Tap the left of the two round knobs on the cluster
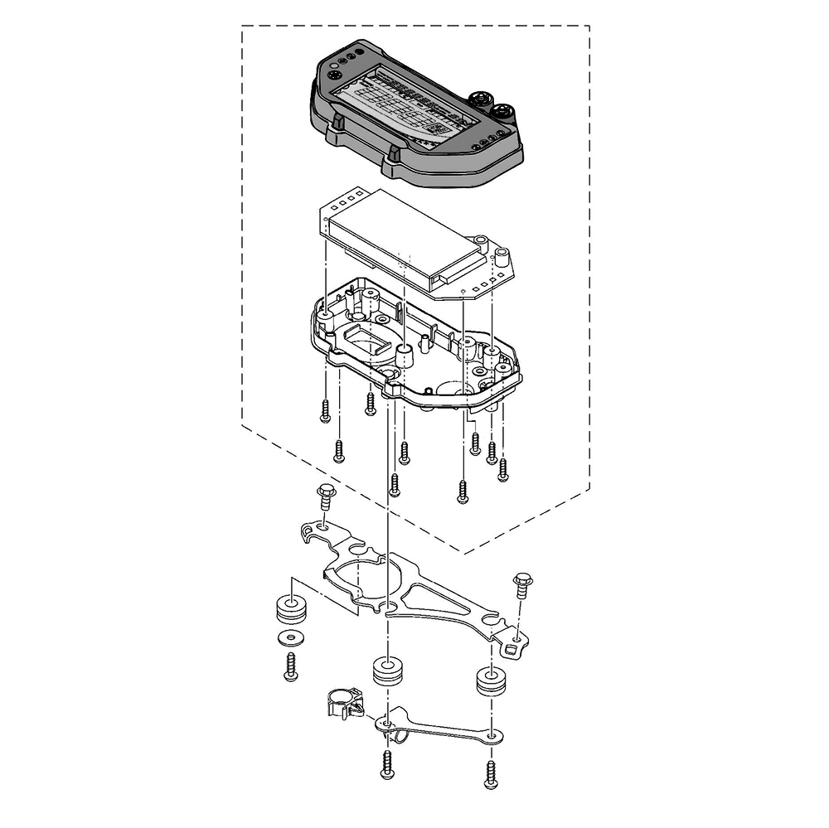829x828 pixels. click(x=480, y=99)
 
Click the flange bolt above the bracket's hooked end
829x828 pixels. click(x=325, y=497)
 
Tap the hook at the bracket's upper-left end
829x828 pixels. click(x=308, y=530)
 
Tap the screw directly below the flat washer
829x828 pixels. click(x=290, y=666)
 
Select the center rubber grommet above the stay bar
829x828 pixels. click(x=385, y=670)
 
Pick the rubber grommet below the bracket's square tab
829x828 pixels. click(x=491, y=683)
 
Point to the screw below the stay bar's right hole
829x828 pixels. click(x=492, y=772)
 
